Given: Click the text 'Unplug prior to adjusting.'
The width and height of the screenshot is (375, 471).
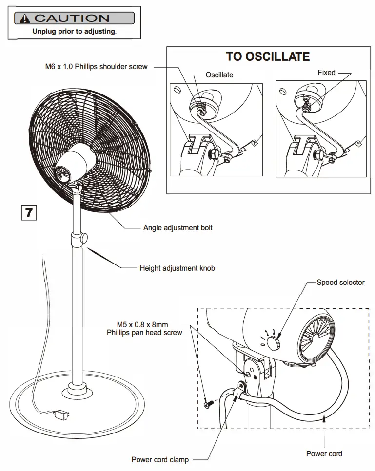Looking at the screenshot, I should click(x=74, y=31).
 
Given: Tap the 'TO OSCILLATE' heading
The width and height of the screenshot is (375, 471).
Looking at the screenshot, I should click(x=267, y=57).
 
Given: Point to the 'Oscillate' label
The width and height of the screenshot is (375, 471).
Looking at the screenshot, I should click(x=219, y=75).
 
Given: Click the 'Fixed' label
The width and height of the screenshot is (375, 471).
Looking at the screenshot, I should click(x=326, y=73).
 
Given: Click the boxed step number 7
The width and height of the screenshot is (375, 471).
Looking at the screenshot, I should click(x=29, y=212).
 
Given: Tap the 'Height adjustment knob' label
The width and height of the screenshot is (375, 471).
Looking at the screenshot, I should click(x=177, y=268).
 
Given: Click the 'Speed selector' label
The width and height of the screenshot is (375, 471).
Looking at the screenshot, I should click(x=340, y=282).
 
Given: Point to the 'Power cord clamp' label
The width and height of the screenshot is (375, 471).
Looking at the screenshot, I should click(x=160, y=459).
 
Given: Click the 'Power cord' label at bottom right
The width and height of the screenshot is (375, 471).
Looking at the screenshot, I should click(x=324, y=453).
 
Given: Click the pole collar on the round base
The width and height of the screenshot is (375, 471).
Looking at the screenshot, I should click(x=77, y=389).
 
